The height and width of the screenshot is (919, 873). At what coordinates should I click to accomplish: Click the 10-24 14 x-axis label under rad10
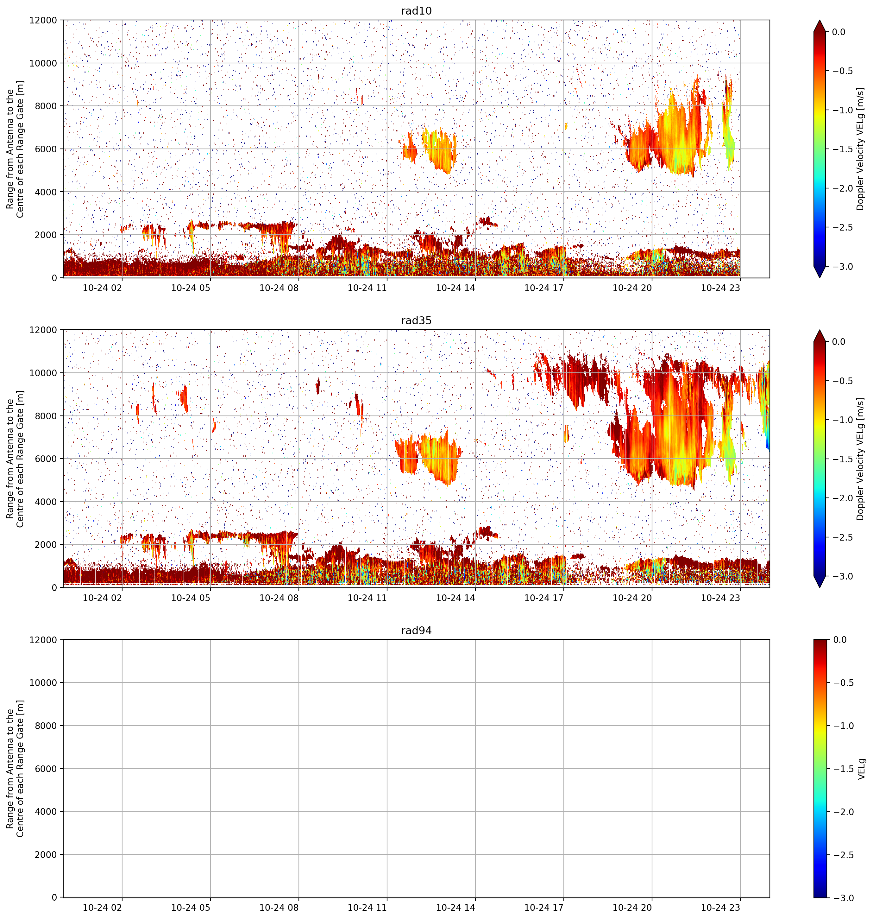point(455,288)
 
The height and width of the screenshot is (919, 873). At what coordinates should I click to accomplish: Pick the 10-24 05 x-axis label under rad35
point(191,597)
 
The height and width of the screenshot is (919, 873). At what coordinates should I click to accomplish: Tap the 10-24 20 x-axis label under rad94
point(632,907)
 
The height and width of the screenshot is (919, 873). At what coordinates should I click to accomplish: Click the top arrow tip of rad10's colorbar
point(820,20)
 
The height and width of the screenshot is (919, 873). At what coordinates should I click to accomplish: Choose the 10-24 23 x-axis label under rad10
point(720,288)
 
